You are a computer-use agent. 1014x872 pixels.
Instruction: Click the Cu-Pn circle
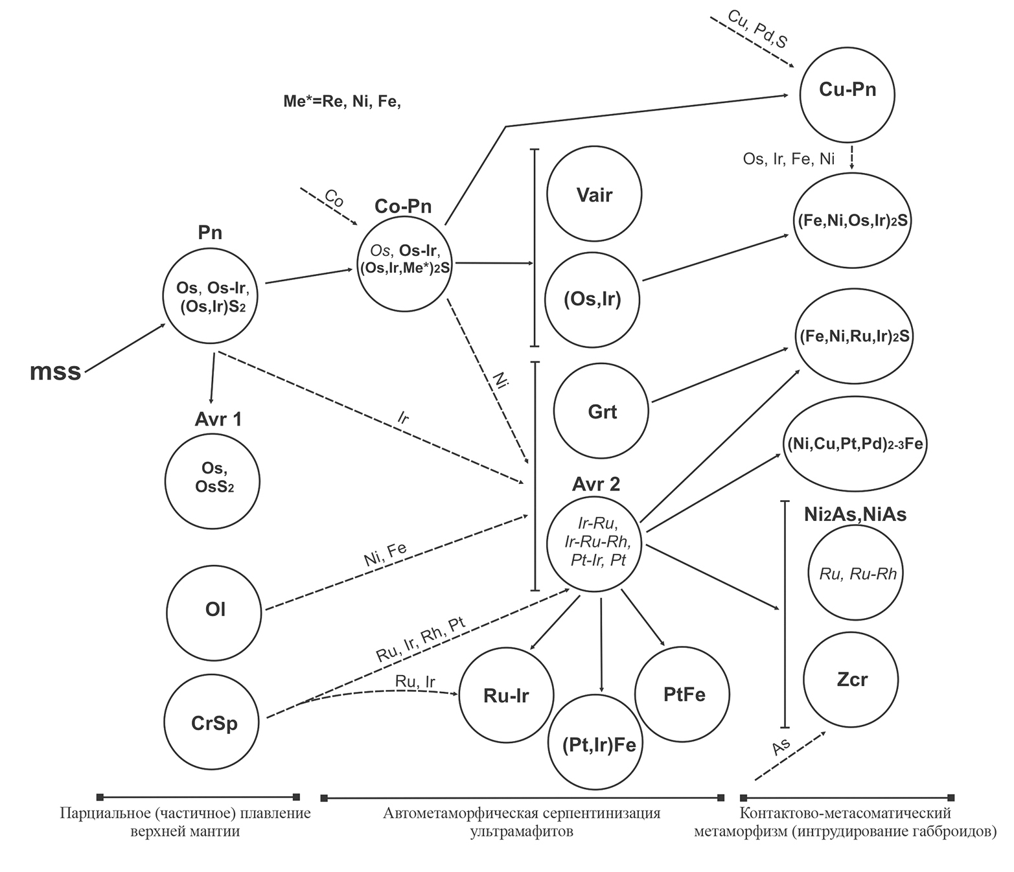pos(847,93)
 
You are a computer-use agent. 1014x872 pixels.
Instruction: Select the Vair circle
pos(594,194)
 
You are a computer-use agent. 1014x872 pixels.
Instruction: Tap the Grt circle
pos(601,411)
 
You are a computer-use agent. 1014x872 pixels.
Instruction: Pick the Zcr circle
pos(851,680)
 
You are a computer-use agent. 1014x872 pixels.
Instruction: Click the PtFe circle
pos(683,694)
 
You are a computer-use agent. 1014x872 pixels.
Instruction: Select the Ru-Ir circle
pos(506,694)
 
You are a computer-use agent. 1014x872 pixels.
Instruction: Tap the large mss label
pos(56,371)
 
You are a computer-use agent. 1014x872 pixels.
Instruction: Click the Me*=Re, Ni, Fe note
pos(342,102)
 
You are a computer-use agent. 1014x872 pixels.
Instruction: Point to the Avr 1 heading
pos(218,419)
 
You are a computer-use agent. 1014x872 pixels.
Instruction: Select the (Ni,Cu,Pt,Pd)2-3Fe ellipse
pos(855,444)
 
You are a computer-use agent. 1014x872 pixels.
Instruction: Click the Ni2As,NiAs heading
pos(855,514)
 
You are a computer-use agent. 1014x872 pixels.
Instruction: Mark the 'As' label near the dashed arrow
pos(781,747)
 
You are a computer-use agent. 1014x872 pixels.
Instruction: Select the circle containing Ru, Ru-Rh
pos(857,573)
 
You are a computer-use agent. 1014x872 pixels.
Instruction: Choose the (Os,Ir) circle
pos(592,299)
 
